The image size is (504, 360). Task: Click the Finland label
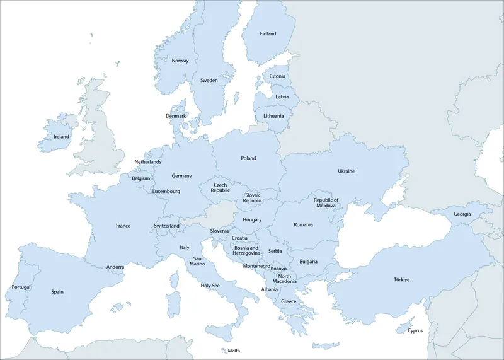[x=268, y=34]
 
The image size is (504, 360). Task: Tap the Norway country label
[x=180, y=61]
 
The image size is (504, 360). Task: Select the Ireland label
[x=62, y=136]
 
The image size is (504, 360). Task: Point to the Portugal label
[x=21, y=287]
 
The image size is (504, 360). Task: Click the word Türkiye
[x=402, y=279]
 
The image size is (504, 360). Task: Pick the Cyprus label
[x=415, y=330]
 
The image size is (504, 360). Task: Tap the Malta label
[x=234, y=351]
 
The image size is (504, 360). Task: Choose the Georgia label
[x=462, y=214]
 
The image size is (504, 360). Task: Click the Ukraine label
[x=346, y=171]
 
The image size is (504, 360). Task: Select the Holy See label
[x=210, y=286]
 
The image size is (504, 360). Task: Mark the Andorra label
[x=115, y=267]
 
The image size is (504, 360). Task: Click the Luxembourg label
[x=166, y=191]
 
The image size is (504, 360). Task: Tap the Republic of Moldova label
[x=326, y=203]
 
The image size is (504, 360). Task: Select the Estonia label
[x=277, y=76]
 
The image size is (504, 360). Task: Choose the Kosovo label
[x=278, y=269]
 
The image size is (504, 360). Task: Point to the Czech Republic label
[x=220, y=187]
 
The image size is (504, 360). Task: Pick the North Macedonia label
[x=285, y=279]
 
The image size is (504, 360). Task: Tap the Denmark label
[x=176, y=116]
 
